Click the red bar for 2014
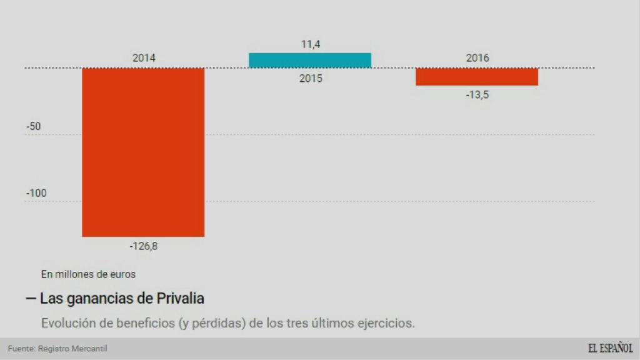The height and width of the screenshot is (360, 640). click(143, 152)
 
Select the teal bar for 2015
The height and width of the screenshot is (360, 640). click(310, 60)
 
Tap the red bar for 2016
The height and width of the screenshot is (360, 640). click(477, 76)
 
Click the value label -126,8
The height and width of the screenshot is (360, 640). click(144, 246)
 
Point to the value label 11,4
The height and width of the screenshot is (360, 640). click(310, 44)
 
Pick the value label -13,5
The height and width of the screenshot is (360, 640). click(477, 95)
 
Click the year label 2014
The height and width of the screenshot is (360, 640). click(144, 58)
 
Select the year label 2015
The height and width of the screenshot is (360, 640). click(310, 79)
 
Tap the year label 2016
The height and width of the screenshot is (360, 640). click(477, 58)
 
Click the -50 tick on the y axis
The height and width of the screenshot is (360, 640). click(33, 126)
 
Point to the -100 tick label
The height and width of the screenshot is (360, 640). click(36, 193)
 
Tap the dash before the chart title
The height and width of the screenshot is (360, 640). click(30, 299)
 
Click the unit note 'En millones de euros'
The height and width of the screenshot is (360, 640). click(88, 274)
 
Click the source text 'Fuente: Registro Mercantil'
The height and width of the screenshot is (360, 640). click(53, 349)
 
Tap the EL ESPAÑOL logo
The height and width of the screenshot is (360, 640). click(610, 348)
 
